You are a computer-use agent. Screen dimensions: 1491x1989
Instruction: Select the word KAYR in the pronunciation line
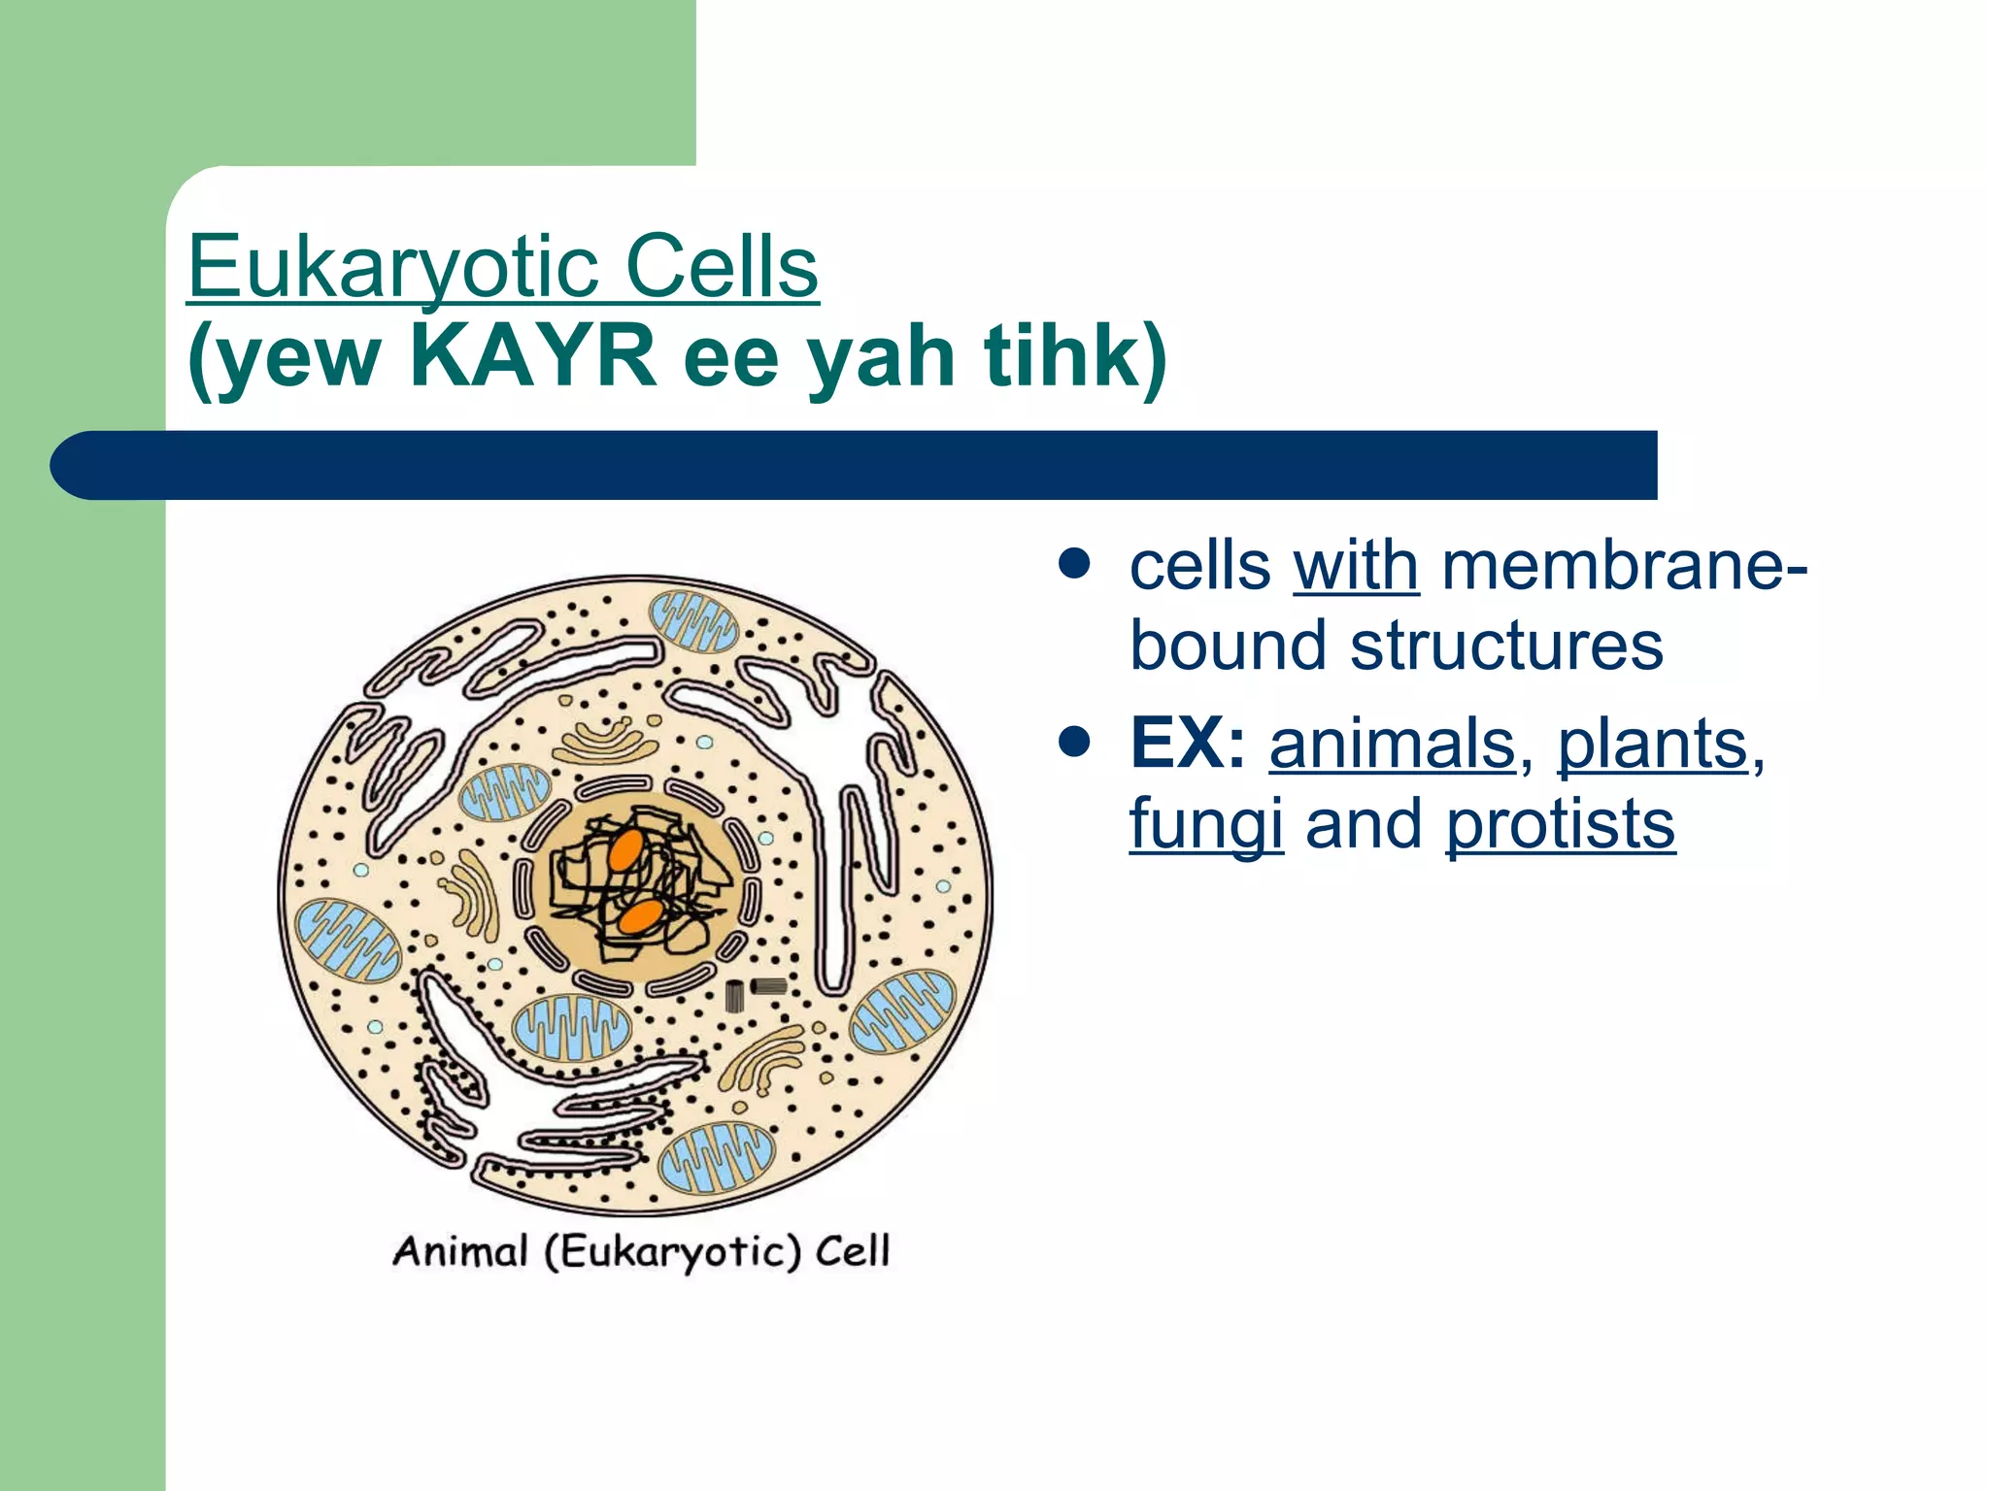[533, 356]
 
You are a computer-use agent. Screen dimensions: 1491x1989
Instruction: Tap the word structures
[1506, 646]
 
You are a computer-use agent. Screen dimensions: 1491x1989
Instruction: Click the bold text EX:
[1187, 745]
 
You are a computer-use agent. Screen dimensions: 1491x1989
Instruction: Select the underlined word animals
[1392, 745]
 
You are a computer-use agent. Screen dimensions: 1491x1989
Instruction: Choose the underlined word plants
[1652, 745]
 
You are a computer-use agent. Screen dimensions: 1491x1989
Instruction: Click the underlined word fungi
[1205, 825]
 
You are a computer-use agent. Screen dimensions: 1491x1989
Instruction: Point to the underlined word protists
[1560, 825]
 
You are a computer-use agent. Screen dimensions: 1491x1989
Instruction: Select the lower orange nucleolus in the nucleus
[641, 915]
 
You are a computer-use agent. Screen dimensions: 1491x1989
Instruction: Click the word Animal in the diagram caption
[460, 1251]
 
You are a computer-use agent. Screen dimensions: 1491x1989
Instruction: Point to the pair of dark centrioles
[756, 992]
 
